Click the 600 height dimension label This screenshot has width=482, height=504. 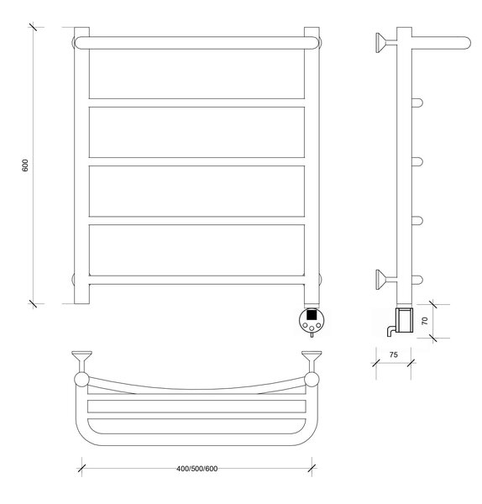click(25, 165)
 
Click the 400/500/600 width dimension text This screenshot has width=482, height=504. click(197, 469)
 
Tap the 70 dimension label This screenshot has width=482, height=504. click(425, 321)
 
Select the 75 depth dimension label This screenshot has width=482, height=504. click(393, 354)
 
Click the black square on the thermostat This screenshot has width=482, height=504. click(311, 314)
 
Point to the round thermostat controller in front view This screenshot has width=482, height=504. click(312, 321)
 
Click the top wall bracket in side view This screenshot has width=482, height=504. click(386, 43)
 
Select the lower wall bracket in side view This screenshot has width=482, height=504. click(386, 280)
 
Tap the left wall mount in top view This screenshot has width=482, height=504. click(82, 361)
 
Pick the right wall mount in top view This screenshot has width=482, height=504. click(312, 361)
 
